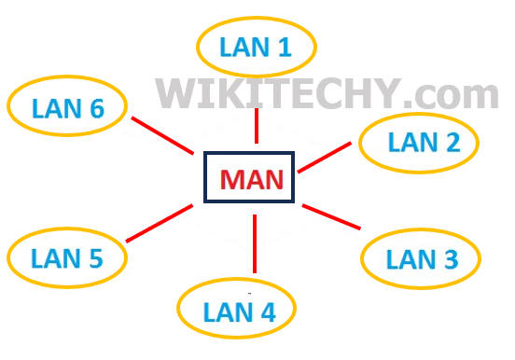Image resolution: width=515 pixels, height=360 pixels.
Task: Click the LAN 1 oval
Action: click(x=257, y=46)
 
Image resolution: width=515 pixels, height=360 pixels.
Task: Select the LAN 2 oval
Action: click(x=419, y=143)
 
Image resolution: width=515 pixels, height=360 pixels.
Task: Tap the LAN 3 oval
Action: click(x=421, y=258)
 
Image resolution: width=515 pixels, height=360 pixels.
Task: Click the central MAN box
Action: click(x=250, y=177)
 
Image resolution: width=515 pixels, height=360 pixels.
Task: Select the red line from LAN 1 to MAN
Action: click(x=256, y=125)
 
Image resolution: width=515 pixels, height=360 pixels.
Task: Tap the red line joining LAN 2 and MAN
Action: click(x=327, y=158)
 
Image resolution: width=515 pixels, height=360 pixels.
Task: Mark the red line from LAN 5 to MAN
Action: click(x=160, y=224)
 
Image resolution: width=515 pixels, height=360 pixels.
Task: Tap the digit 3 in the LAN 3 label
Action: click(x=450, y=258)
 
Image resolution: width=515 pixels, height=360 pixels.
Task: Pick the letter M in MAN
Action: click(x=230, y=178)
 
